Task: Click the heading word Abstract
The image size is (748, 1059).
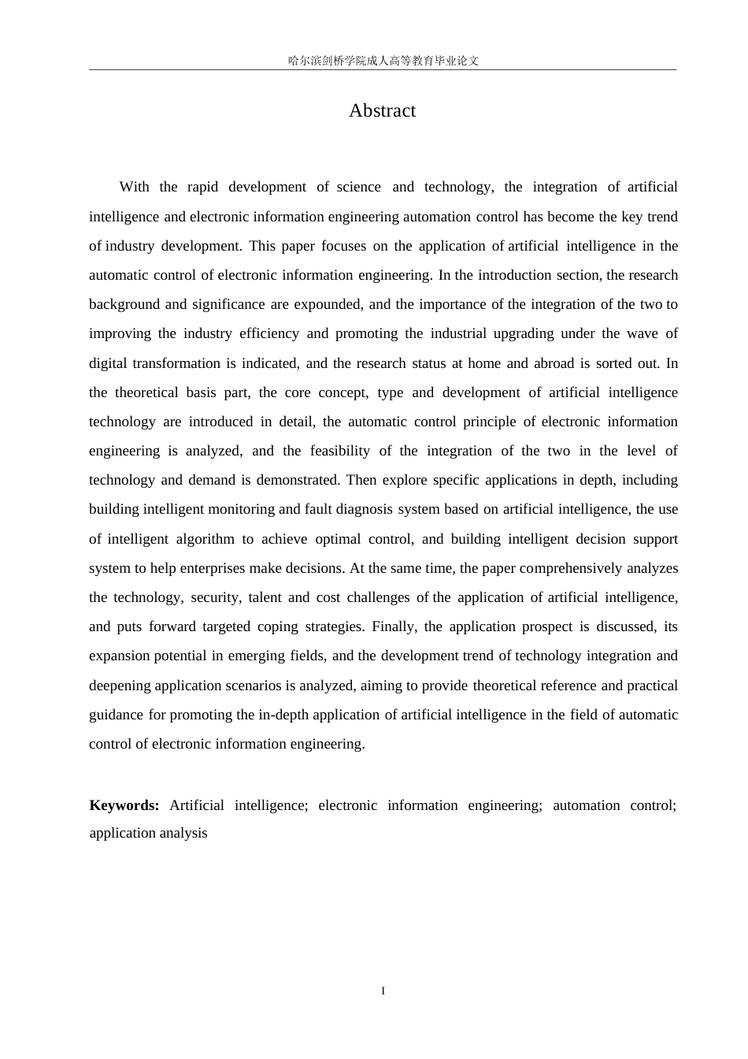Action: point(382,111)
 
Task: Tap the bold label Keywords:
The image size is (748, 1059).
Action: point(124,805)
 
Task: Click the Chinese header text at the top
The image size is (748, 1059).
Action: point(383,61)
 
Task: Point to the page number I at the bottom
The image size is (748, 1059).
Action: point(383,991)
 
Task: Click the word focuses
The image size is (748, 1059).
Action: point(343,246)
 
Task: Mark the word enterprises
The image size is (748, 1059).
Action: point(213,569)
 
